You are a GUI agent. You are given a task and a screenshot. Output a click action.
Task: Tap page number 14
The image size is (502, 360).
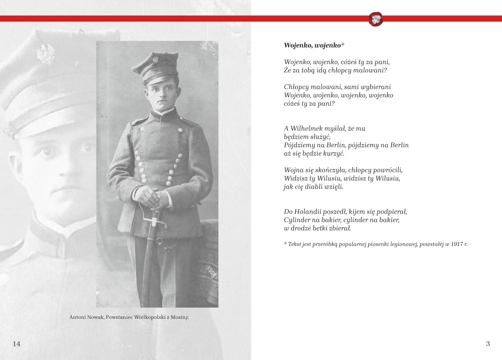click(17, 344)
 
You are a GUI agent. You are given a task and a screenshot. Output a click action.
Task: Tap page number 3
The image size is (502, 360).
click(488, 344)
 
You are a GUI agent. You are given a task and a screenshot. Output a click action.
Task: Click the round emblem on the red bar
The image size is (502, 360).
click(376, 19)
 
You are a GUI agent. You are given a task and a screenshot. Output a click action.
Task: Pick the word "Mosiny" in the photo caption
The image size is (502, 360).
click(179, 317)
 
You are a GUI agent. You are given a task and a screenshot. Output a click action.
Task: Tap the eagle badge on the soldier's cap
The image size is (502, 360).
click(157, 60)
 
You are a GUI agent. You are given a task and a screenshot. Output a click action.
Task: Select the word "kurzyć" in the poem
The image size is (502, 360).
click(332, 153)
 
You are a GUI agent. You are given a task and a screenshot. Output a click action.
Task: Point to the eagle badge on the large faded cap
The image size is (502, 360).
click(46, 54)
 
